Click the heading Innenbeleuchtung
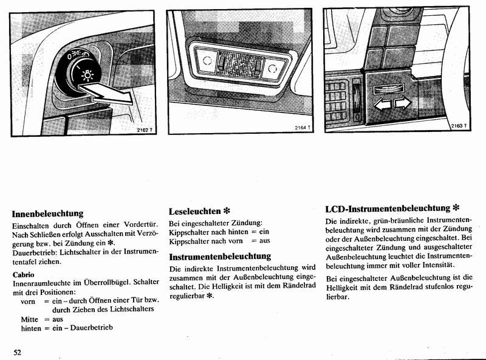[47, 213]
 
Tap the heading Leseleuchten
[194, 211]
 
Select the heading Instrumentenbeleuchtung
[220, 256]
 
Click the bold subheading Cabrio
[23, 274]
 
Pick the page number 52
[18, 352]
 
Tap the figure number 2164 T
[303, 128]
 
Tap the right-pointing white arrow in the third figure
[403, 104]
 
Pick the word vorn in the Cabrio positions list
[28, 300]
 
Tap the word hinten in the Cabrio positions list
[32, 328]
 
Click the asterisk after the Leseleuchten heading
[226, 211]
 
